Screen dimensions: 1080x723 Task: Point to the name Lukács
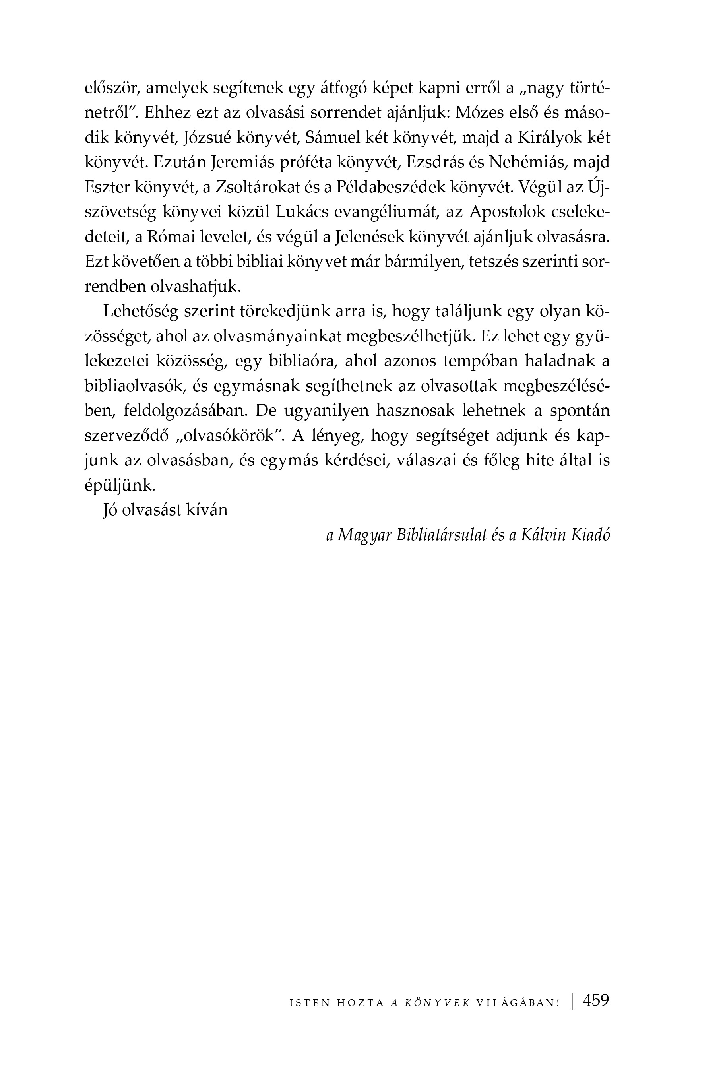[x=302, y=213]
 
